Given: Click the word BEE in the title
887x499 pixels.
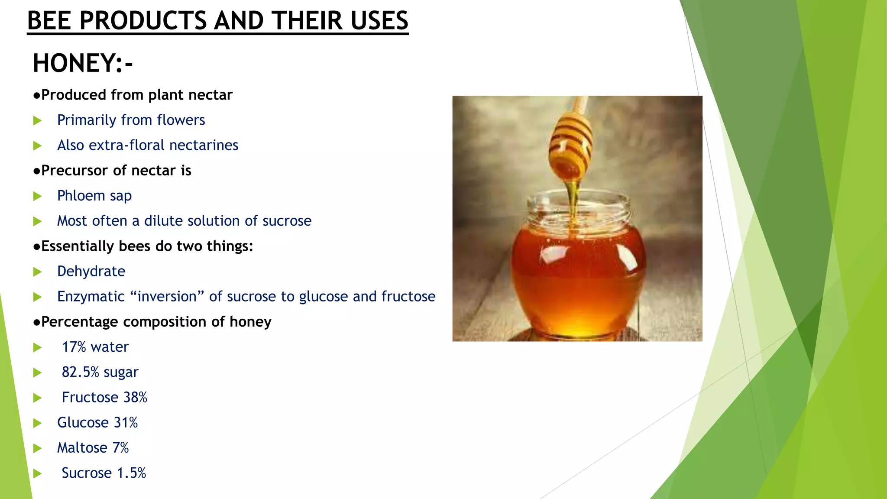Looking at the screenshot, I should point(49,20).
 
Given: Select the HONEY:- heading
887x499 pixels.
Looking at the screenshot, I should point(83,63).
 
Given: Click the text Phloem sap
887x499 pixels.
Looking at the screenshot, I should point(94,196).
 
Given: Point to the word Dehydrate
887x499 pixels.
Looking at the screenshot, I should point(91,271).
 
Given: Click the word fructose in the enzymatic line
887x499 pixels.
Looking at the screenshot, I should point(408,296).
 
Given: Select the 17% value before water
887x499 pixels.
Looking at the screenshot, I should point(74,347).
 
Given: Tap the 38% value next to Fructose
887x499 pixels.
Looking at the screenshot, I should point(136,397).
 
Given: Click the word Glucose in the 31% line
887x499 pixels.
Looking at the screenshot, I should point(83,422).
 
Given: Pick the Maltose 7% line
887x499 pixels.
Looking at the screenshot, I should point(93,447).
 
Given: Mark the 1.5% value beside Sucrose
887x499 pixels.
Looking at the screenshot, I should point(131,473).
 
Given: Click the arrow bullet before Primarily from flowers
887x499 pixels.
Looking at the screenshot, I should point(38,120).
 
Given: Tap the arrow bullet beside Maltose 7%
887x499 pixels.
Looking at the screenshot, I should point(38,448).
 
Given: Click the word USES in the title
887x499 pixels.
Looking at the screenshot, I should point(379,20).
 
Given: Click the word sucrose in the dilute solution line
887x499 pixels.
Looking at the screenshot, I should point(287,221).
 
